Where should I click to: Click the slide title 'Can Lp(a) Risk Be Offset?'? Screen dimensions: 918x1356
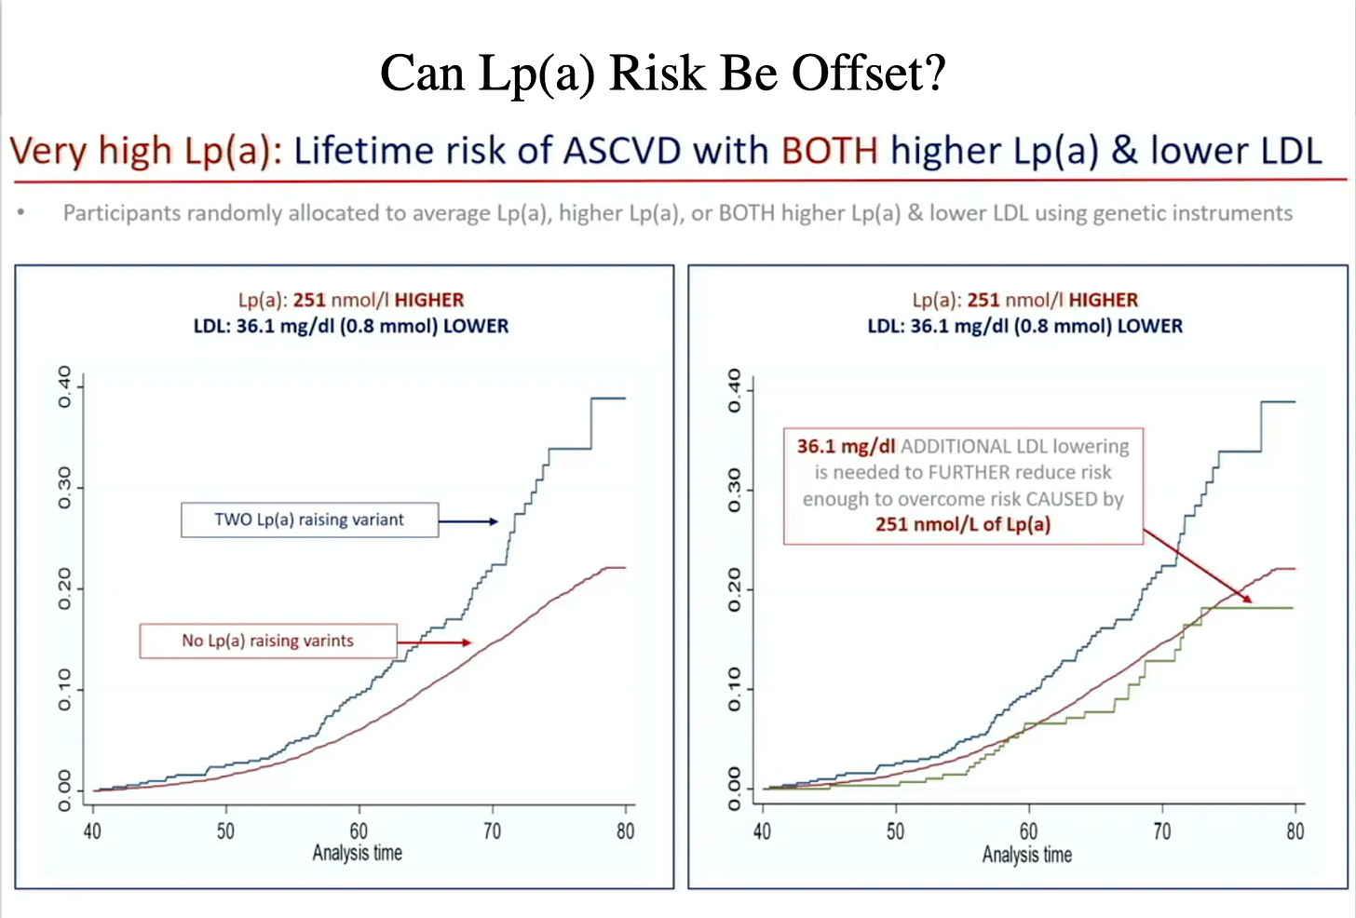662,73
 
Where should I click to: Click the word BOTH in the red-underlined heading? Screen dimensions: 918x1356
829,151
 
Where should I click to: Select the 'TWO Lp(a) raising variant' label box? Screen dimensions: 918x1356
309,520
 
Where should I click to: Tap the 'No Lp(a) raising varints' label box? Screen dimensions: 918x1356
268,641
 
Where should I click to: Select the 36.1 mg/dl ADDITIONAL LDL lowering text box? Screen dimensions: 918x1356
963,485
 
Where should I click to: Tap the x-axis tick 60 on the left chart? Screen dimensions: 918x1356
359,830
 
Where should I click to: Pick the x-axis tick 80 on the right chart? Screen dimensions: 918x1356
1295,831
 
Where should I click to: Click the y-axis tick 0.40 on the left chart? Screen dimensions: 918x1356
64,386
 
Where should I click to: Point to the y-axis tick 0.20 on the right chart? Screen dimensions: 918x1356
734,589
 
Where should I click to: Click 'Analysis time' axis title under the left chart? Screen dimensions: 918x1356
357,853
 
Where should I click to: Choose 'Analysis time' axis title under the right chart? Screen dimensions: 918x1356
1026,854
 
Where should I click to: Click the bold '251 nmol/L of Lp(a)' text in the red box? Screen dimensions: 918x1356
962,524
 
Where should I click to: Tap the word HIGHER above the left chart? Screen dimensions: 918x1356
428,300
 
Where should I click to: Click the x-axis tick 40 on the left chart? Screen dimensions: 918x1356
92,830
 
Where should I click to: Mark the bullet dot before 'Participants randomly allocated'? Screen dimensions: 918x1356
21,213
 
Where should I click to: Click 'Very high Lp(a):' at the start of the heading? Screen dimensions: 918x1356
145,151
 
